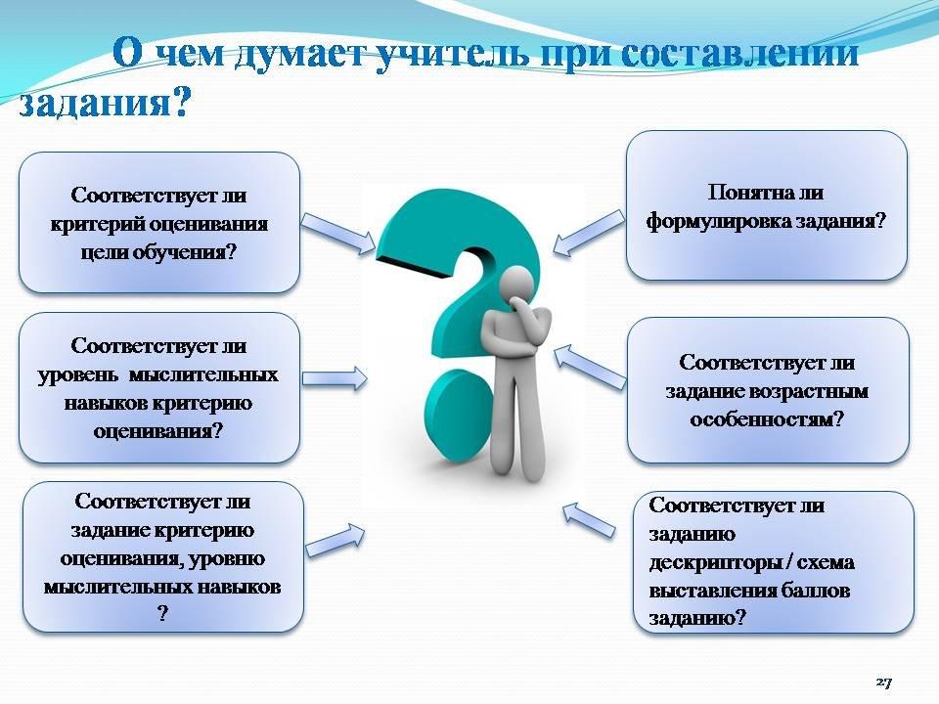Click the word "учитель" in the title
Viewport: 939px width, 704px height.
(x=453, y=54)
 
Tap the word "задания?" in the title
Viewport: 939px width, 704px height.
(x=104, y=102)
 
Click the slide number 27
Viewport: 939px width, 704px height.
(x=884, y=682)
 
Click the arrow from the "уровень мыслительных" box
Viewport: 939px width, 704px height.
(x=335, y=378)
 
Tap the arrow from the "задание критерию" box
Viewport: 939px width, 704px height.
(x=335, y=540)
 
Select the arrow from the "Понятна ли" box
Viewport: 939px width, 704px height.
(x=588, y=234)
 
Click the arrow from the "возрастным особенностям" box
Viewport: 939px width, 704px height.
(x=590, y=368)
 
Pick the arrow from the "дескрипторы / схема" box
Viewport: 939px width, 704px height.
(x=589, y=519)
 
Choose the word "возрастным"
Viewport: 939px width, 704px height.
(x=809, y=392)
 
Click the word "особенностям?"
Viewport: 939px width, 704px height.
(x=767, y=419)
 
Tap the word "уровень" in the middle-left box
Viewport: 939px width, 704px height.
(x=78, y=375)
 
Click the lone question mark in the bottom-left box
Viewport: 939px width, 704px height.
(x=163, y=614)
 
